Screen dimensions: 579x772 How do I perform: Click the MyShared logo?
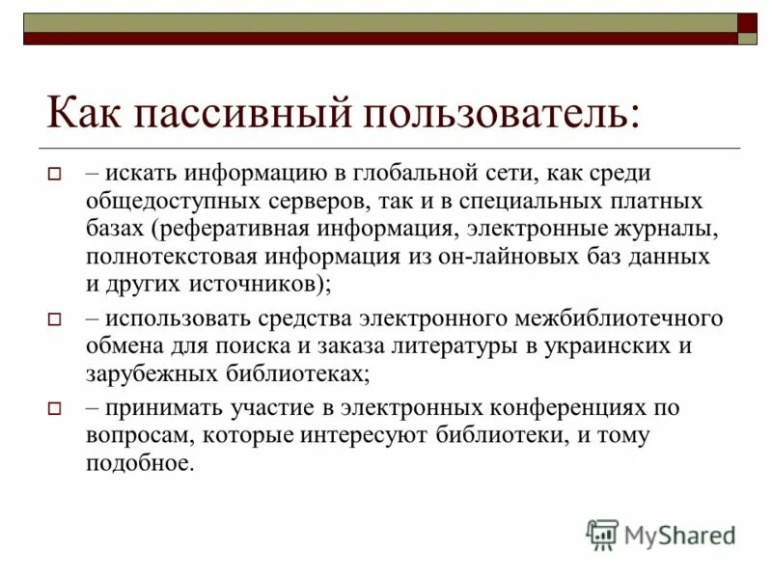[x=661, y=534]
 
